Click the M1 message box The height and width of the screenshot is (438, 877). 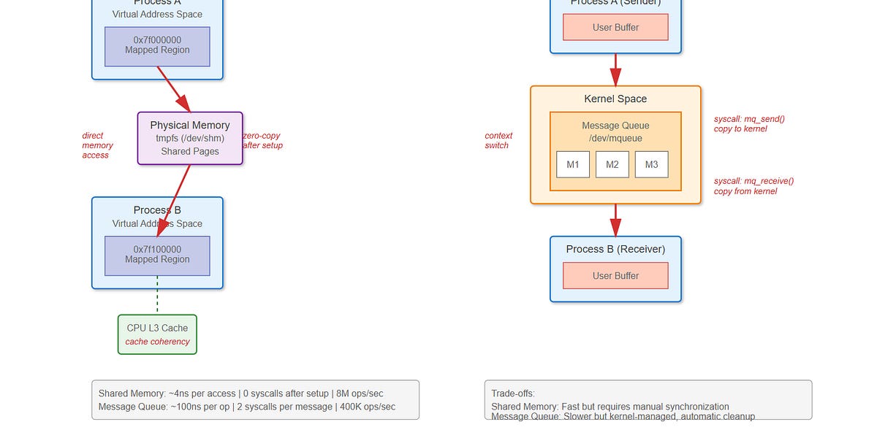(573, 164)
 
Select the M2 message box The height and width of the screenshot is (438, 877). (612, 164)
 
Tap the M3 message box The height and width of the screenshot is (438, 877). (652, 164)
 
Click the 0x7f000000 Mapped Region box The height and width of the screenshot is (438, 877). (157, 46)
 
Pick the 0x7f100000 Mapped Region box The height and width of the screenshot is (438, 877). (157, 255)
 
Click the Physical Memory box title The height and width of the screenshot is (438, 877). (190, 126)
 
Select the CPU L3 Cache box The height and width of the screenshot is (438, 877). (157, 334)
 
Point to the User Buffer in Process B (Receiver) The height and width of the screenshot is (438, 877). (615, 276)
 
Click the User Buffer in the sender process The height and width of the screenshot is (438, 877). (615, 28)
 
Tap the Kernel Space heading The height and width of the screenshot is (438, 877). (615, 99)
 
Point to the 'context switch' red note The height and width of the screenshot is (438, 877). (498, 140)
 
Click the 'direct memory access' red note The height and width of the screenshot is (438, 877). (97, 145)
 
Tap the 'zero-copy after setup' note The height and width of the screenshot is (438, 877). (262, 140)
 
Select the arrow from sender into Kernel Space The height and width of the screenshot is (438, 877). (615, 71)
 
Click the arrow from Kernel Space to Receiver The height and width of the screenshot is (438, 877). (615, 219)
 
